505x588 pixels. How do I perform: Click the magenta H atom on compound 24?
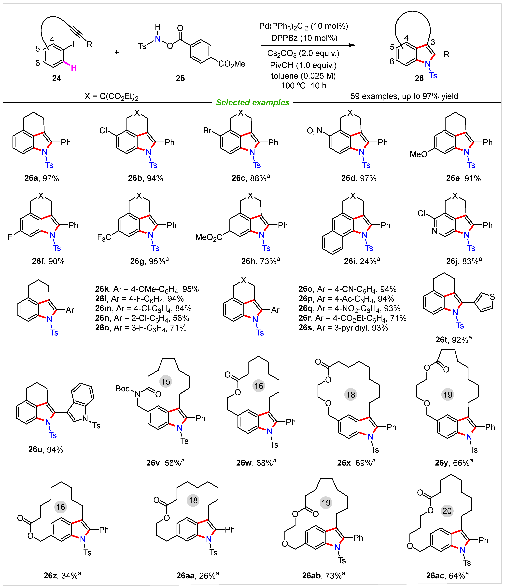pyautogui.click(x=74, y=67)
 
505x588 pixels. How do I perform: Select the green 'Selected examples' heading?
pyautogui.click(x=253, y=102)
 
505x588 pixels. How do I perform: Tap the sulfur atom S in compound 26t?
pyautogui.click(x=492, y=297)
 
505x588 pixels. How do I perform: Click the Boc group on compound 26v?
pyautogui.click(x=123, y=388)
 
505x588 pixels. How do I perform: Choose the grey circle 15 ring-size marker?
pyautogui.click(x=166, y=381)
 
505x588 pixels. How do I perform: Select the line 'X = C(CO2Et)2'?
pyautogui.click(x=111, y=96)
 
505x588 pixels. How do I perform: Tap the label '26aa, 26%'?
pyautogui.click(x=198, y=575)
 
